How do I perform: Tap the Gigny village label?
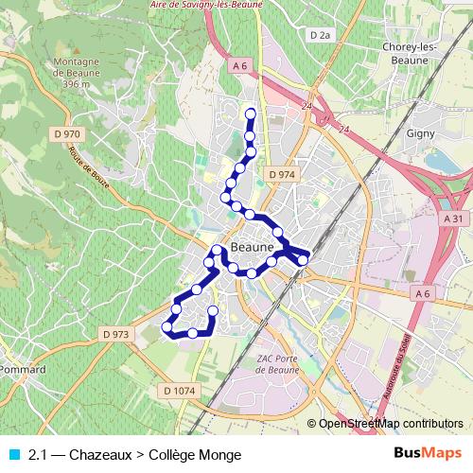click(x=420, y=133)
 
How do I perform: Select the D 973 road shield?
click(x=114, y=333)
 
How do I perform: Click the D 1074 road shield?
click(x=179, y=391)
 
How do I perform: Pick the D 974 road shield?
click(x=282, y=175)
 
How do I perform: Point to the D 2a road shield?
click(x=323, y=35)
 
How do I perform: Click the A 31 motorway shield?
click(x=453, y=218)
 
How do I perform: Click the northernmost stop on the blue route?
click(x=251, y=114)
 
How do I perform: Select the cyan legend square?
click(x=12, y=455)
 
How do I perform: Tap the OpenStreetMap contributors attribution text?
click(x=391, y=423)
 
